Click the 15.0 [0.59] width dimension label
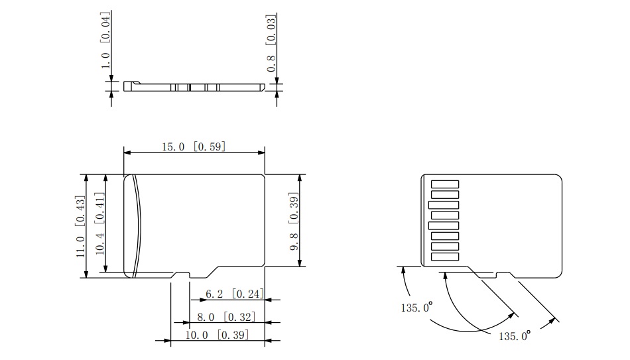194,147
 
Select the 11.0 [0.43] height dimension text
80,227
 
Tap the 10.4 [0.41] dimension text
99,223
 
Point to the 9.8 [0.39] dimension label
294,221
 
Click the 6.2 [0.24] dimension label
235,294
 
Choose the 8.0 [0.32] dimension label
226,317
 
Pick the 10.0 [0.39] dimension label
217,335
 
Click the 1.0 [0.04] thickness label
105,40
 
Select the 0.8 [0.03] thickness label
272,43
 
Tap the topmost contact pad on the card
445,184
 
